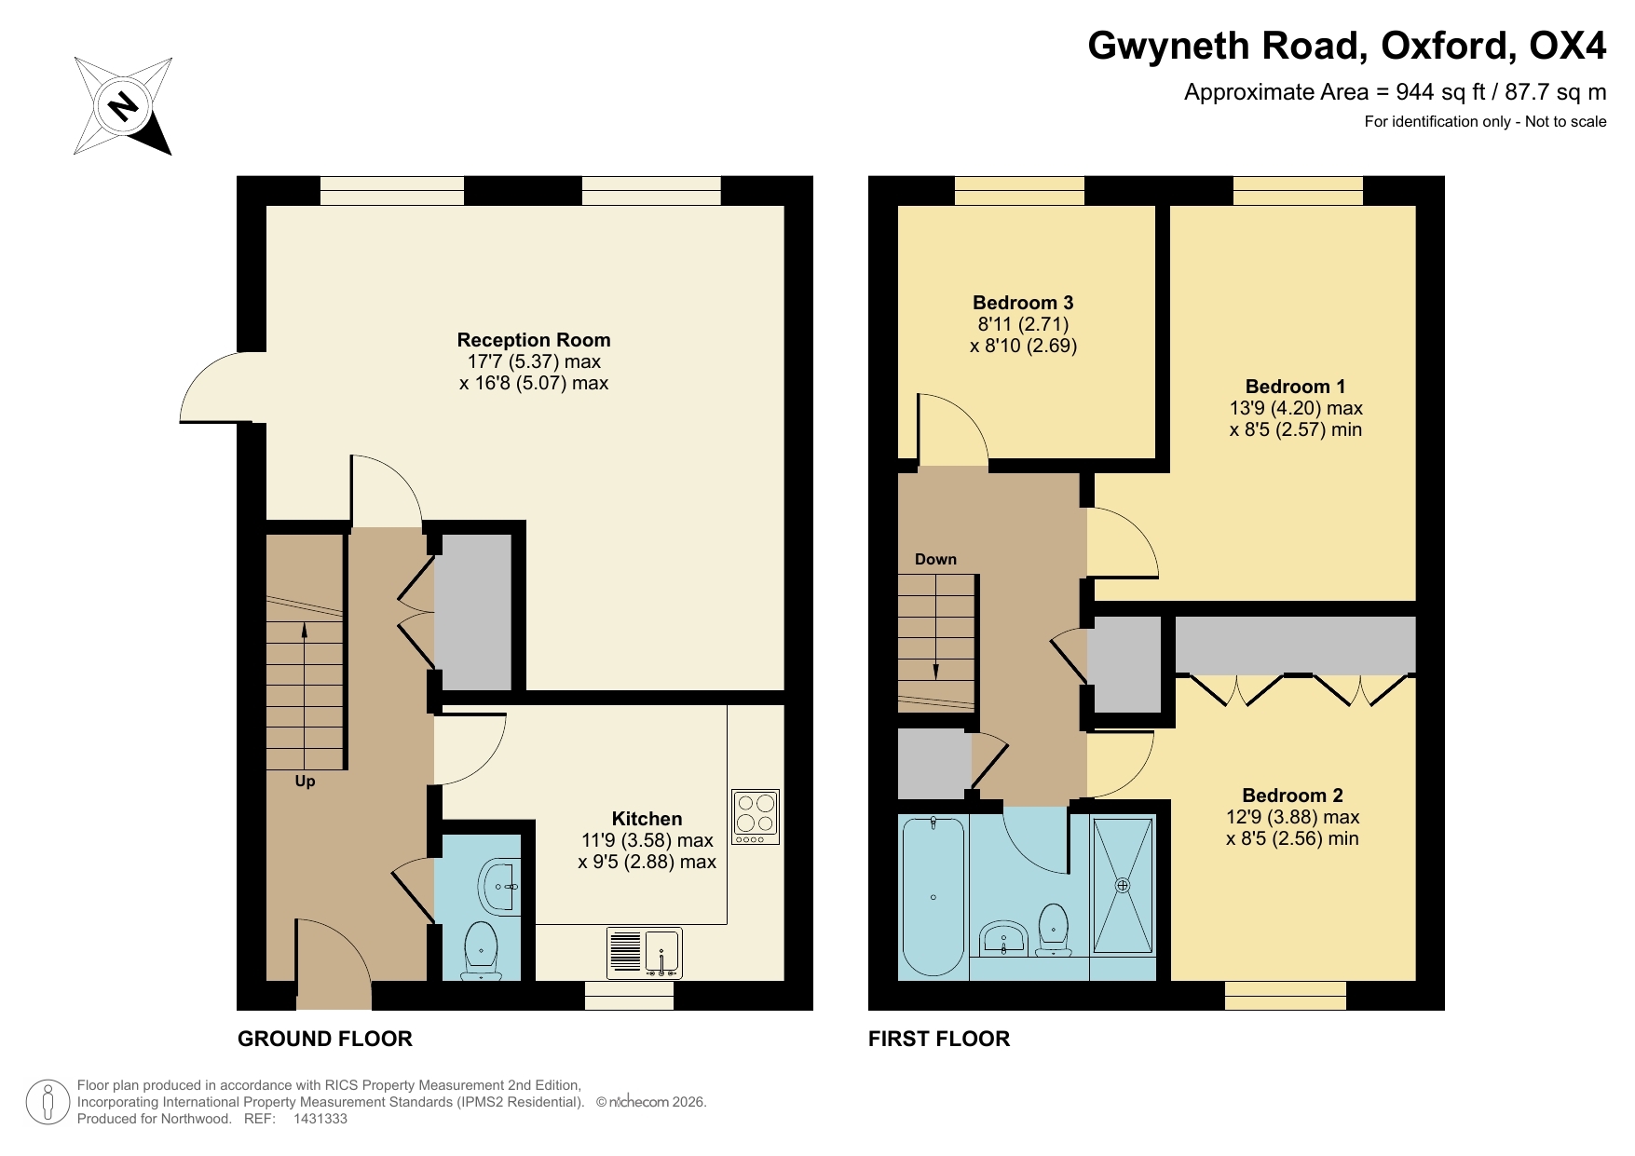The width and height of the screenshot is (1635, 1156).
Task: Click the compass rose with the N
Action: point(123,106)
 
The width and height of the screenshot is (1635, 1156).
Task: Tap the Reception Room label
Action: point(533,340)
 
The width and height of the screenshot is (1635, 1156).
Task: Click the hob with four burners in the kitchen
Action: point(756,816)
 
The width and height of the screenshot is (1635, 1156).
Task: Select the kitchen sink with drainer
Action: point(644,953)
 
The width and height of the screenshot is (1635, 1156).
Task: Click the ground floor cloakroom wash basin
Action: point(499,886)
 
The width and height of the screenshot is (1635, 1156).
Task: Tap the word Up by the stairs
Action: point(305,782)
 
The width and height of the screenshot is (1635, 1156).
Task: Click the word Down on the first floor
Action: point(935,559)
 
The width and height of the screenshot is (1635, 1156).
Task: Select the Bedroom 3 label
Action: point(1022,303)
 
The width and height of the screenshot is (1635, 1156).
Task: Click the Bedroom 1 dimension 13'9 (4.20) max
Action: point(1295,408)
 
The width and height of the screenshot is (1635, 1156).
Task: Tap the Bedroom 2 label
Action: point(1292,796)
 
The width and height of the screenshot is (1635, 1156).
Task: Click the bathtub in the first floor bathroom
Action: point(933,897)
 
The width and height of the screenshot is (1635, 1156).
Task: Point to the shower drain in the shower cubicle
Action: point(1123,886)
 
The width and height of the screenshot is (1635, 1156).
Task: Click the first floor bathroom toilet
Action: point(1053,927)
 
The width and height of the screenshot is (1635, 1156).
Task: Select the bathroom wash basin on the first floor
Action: point(1003,938)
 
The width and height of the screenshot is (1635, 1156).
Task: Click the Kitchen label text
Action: point(647,819)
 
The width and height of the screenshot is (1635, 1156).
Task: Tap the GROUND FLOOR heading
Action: point(324,1039)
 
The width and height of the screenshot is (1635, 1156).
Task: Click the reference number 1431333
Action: point(320,1119)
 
